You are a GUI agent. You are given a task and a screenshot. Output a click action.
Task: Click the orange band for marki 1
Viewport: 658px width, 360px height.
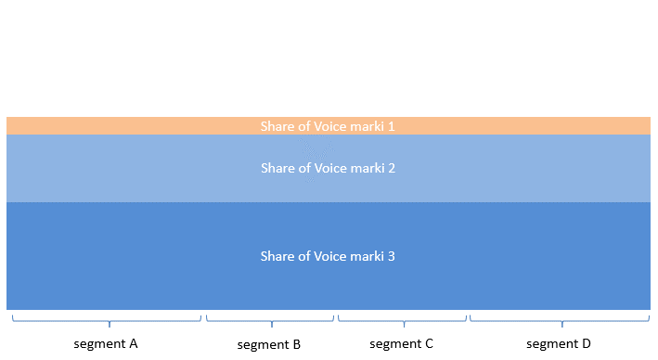click(139, 126)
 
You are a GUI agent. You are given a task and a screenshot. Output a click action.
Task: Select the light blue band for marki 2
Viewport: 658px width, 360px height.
click(139, 169)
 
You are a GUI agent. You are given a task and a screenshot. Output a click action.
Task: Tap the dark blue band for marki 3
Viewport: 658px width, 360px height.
click(139, 256)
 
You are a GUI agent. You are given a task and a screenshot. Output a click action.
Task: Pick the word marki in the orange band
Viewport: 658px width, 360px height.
click(369, 126)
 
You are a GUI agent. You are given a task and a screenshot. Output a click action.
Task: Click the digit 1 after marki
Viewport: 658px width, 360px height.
click(392, 126)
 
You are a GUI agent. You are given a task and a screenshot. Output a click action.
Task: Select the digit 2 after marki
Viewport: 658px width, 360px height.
click(392, 169)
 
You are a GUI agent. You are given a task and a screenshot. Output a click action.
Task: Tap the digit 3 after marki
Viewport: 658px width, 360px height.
click(392, 256)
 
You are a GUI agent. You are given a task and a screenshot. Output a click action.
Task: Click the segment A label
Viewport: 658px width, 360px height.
click(106, 343)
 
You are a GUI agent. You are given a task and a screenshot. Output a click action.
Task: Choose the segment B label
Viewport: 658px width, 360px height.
click(269, 344)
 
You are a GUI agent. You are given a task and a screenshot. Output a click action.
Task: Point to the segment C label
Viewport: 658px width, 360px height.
click(401, 343)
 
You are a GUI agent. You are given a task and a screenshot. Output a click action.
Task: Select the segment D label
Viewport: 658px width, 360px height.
click(559, 343)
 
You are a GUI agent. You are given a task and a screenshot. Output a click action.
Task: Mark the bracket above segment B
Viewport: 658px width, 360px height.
click(270, 320)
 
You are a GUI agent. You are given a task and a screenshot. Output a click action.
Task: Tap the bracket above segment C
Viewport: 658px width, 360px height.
click(403, 320)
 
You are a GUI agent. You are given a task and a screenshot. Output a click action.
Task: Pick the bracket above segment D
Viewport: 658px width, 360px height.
click(560, 320)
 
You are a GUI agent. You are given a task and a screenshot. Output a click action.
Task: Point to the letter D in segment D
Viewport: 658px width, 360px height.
click(586, 343)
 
